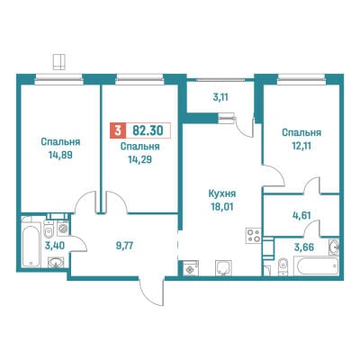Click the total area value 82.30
pyautogui.click(x=148, y=130)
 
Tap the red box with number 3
pyautogui.click(x=118, y=130)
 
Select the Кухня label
pyautogui.click(x=222, y=193)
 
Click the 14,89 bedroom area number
pyautogui.click(x=60, y=155)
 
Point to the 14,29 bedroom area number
pyautogui.click(x=139, y=159)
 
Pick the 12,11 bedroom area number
pyautogui.click(x=301, y=146)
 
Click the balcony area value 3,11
pyautogui.click(x=220, y=97)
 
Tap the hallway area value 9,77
pyautogui.click(x=124, y=247)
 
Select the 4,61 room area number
pyautogui.click(x=301, y=215)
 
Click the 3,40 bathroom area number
pyautogui.click(x=54, y=246)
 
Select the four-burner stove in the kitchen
pyautogui.click(x=254, y=235)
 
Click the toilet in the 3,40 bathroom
pyautogui.click(x=49, y=229)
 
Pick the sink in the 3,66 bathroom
pyautogui.click(x=334, y=247)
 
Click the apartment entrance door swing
pyautogui.click(x=153, y=292)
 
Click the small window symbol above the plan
pyautogui.click(x=58, y=62)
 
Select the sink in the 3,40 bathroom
pyautogui.click(x=56, y=263)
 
